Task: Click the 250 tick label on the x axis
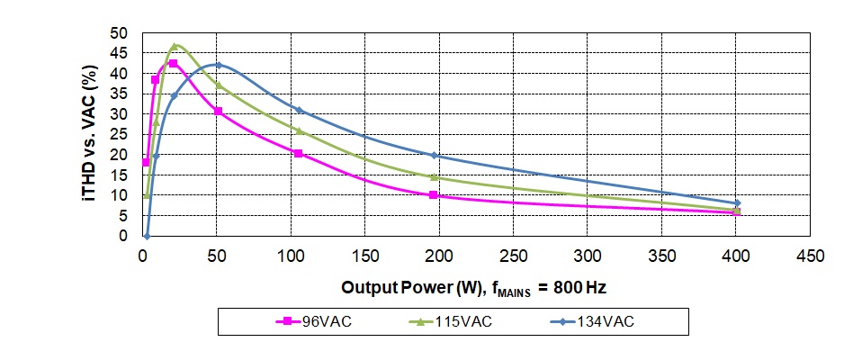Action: (x=513, y=256)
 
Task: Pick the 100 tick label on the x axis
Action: (x=291, y=256)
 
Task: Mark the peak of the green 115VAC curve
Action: (x=175, y=46)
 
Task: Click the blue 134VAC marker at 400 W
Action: (x=737, y=203)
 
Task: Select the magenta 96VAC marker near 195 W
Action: (x=433, y=194)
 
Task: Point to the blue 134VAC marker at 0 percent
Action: (x=146, y=236)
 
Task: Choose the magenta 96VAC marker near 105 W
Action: (x=298, y=153)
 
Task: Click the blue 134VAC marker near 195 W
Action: (x=434, y=156)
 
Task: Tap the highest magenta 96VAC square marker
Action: (x=173, y=63)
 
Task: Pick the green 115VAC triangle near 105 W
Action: (x=299, y=130)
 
